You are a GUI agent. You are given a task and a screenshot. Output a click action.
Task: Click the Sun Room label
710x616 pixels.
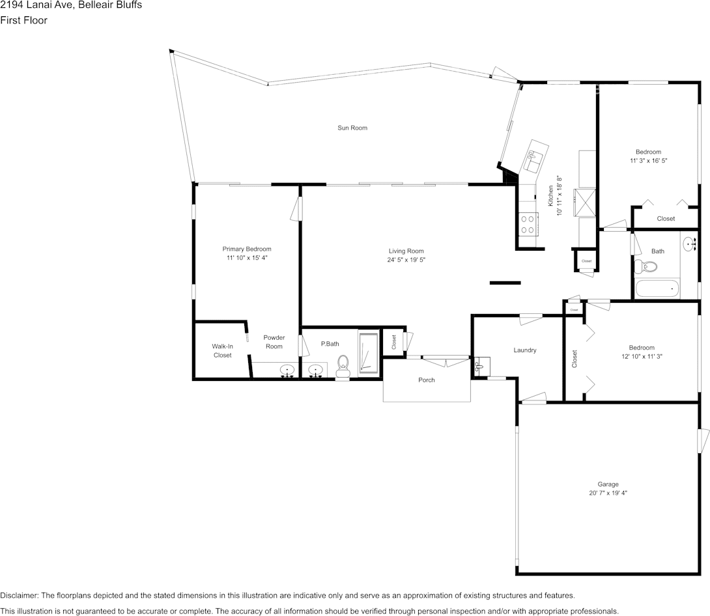click(352, 128)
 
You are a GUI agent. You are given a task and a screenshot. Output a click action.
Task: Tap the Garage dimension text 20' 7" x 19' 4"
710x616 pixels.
click(608, 494)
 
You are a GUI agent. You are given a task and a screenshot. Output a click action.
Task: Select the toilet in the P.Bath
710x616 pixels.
click(343, 366)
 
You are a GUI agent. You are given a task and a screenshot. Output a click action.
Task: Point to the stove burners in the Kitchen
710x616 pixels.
click(528, 224)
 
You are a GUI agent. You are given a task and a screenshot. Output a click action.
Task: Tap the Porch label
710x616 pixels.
click(426, 380)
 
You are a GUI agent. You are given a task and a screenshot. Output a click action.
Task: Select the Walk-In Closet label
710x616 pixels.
click(222, 350)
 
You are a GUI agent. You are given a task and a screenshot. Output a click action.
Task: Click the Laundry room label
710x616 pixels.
click(524, 350)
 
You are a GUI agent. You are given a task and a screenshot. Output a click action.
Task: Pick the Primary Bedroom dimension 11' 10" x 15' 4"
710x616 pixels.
click(247, 258)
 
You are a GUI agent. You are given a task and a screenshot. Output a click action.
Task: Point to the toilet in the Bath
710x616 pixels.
click(646, 266)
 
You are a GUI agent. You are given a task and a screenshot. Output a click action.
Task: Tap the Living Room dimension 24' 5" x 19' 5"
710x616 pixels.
click(406, 260)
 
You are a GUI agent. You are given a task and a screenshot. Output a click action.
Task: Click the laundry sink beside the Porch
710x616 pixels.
click(480, 366)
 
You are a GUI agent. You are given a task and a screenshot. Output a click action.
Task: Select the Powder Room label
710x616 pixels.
click(274, 342)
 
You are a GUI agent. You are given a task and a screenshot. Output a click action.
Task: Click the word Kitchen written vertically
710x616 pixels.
click(550, 196)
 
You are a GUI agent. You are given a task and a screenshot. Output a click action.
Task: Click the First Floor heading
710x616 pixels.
click(23, 20)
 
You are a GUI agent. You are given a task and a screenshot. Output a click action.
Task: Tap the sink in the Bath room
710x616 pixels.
click(689, 245)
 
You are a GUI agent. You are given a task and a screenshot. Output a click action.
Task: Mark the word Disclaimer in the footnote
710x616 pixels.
click(19, 595)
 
